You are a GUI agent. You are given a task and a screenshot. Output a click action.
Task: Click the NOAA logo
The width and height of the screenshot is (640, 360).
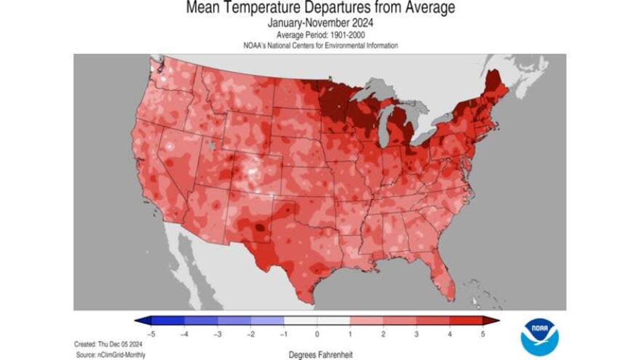[x=539, y=337]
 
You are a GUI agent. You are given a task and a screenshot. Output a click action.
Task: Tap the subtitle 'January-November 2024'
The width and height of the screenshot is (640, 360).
[x=320, y=23]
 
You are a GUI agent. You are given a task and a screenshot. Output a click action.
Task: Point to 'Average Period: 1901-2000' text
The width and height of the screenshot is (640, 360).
[x=320, y=35]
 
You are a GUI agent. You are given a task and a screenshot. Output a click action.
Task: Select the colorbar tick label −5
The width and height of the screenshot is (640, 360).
[x=150, y=334]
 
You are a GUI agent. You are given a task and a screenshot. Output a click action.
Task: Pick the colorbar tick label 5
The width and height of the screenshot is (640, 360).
[x=483, y=334]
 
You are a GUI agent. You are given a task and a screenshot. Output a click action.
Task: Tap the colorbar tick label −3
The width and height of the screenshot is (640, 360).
[x=217, y=334]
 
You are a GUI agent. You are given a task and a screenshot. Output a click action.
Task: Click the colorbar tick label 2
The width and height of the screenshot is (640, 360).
[x=383, y=334]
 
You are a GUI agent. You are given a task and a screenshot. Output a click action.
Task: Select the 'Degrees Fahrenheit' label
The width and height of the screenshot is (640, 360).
[x=320, y=355]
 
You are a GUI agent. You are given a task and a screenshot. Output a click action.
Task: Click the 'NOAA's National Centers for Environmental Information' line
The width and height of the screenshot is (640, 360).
[x=320, y=45]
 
